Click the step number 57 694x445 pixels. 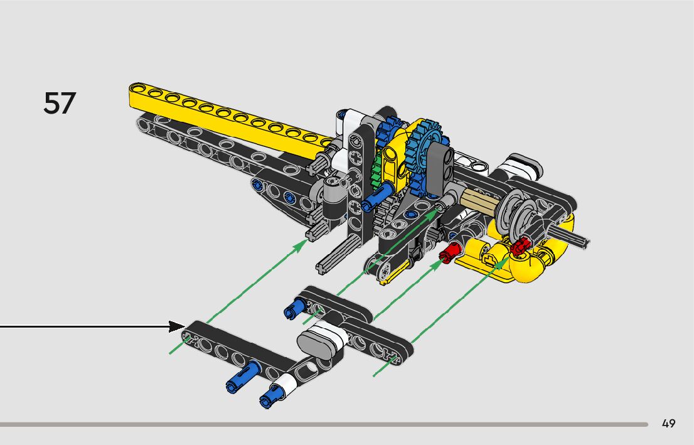[x=60, y=103]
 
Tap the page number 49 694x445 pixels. [x=668, y=424]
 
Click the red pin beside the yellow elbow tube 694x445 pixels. [x=520, y=248]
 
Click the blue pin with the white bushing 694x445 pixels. [x=276, y=391]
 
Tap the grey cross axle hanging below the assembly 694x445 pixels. [x=336, y=257]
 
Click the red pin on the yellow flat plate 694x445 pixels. [x=447, y=254]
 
